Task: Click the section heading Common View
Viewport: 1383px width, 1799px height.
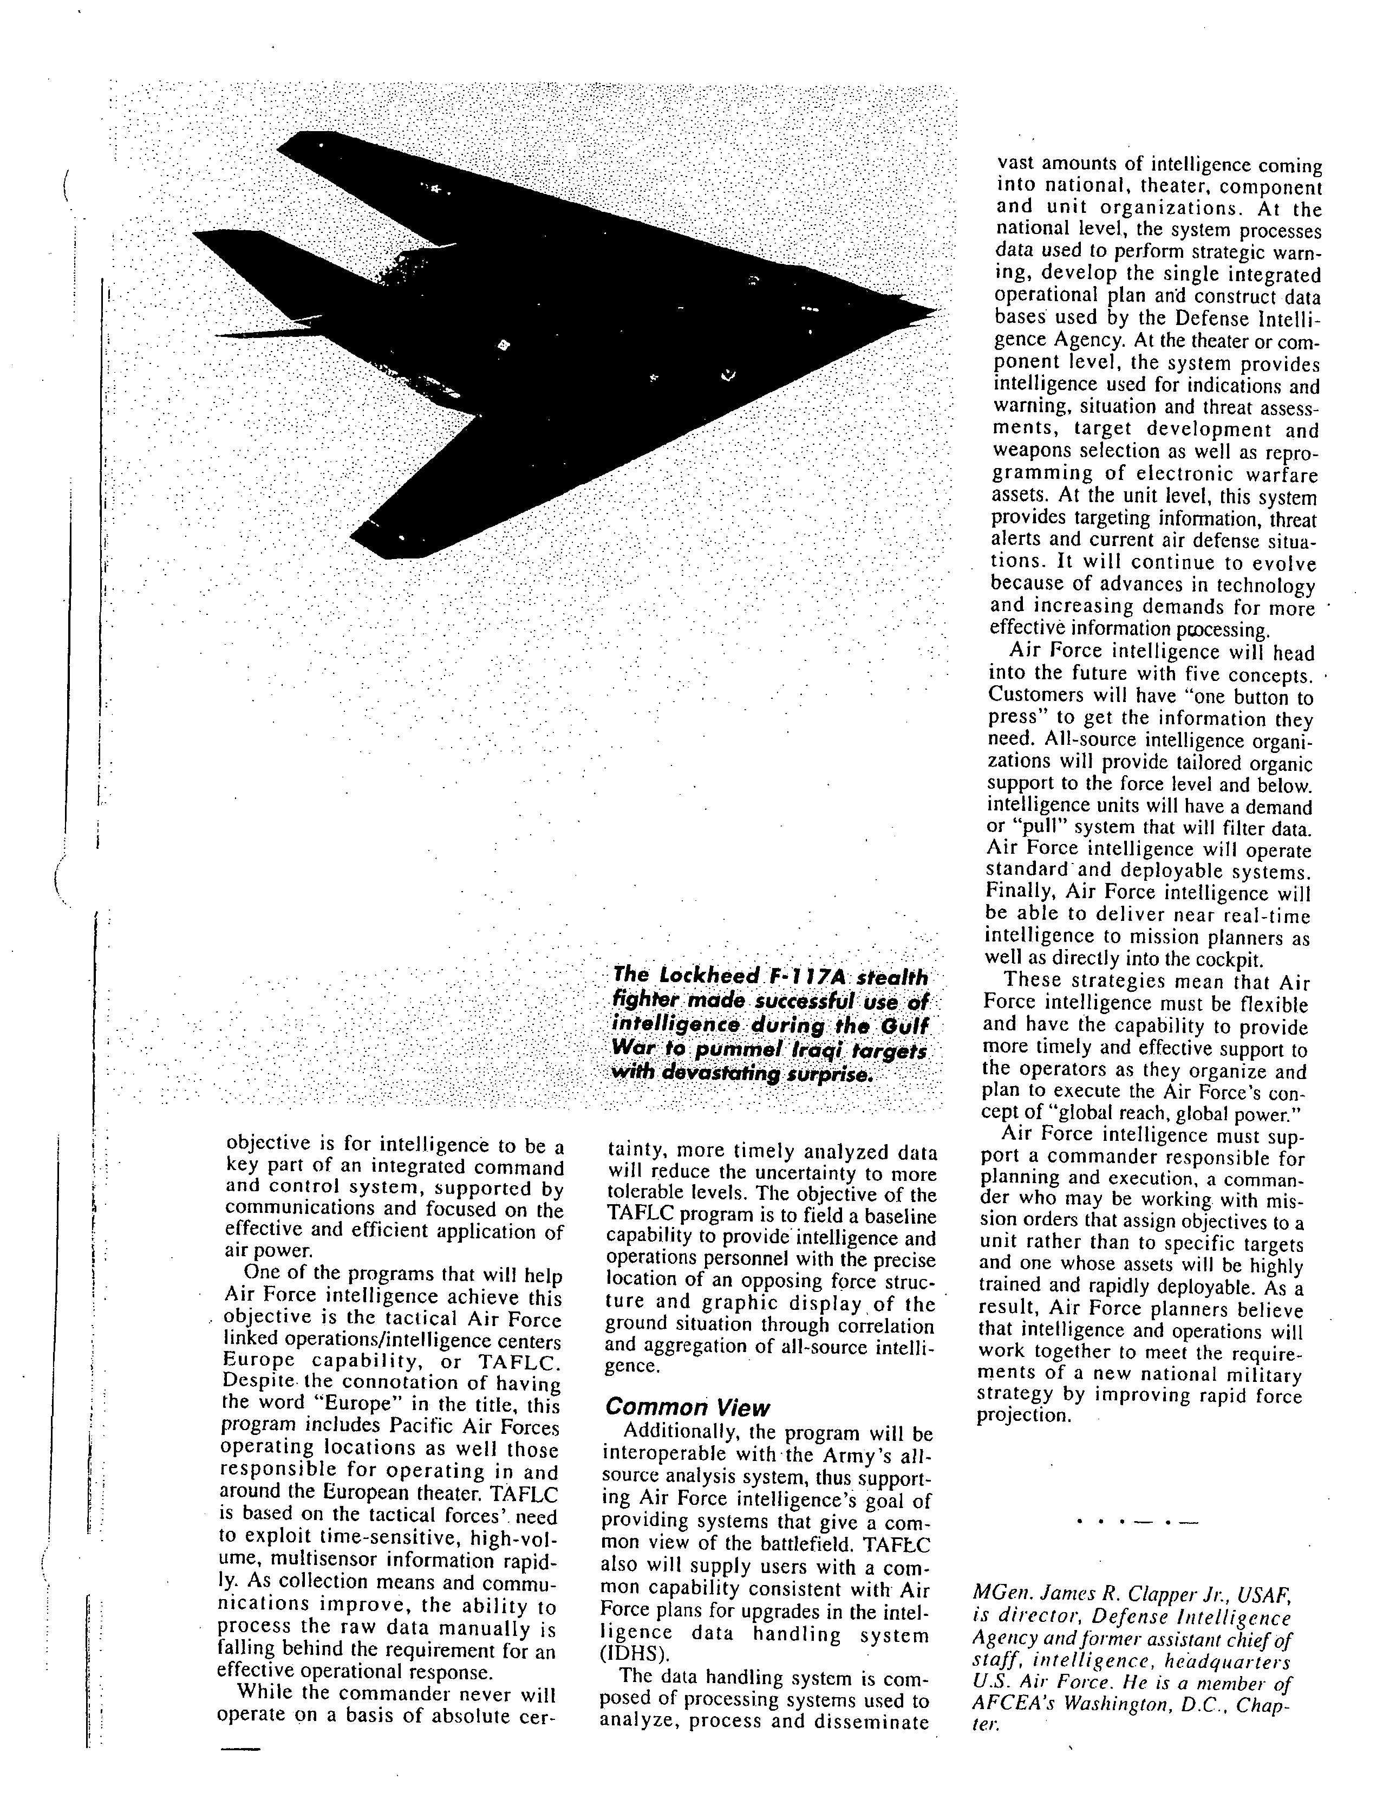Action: tap(687, 1407)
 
